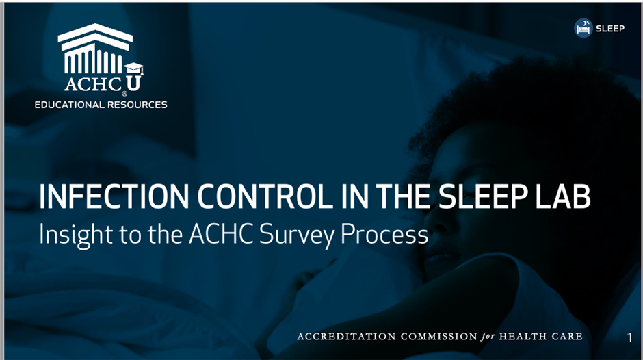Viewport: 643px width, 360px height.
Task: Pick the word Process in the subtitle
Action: (x=384, y=234)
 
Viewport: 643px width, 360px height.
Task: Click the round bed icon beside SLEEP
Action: (x=583, y=28)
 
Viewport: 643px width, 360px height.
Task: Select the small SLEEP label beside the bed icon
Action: (x=610, y=28)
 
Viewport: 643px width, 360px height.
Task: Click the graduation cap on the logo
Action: (x=134, y=68)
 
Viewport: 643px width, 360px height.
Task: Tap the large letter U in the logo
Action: (x=133, y=83)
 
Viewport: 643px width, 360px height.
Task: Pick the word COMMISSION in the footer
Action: (x=438, y=337)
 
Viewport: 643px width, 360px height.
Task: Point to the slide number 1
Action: (x=630, y=337)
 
